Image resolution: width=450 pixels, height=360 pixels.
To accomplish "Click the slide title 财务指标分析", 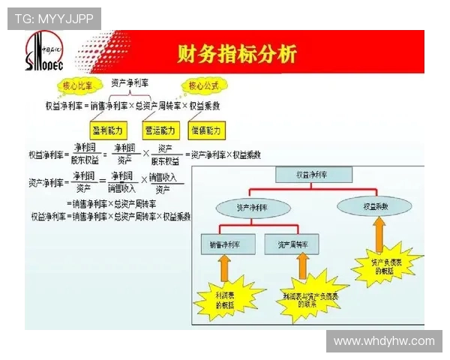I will (x=236, y=54).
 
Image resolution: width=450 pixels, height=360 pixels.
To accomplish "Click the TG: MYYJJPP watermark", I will (x=54, y=19).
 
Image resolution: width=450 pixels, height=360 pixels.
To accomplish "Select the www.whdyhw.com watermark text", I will (x=384, y=341).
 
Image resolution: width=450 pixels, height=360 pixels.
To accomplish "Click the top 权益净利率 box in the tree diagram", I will (x=313, y=175).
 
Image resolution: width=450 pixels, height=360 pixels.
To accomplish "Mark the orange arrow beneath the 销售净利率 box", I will (x=223, y=268).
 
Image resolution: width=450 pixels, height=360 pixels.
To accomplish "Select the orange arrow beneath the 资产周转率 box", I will (x=302, y=267).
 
